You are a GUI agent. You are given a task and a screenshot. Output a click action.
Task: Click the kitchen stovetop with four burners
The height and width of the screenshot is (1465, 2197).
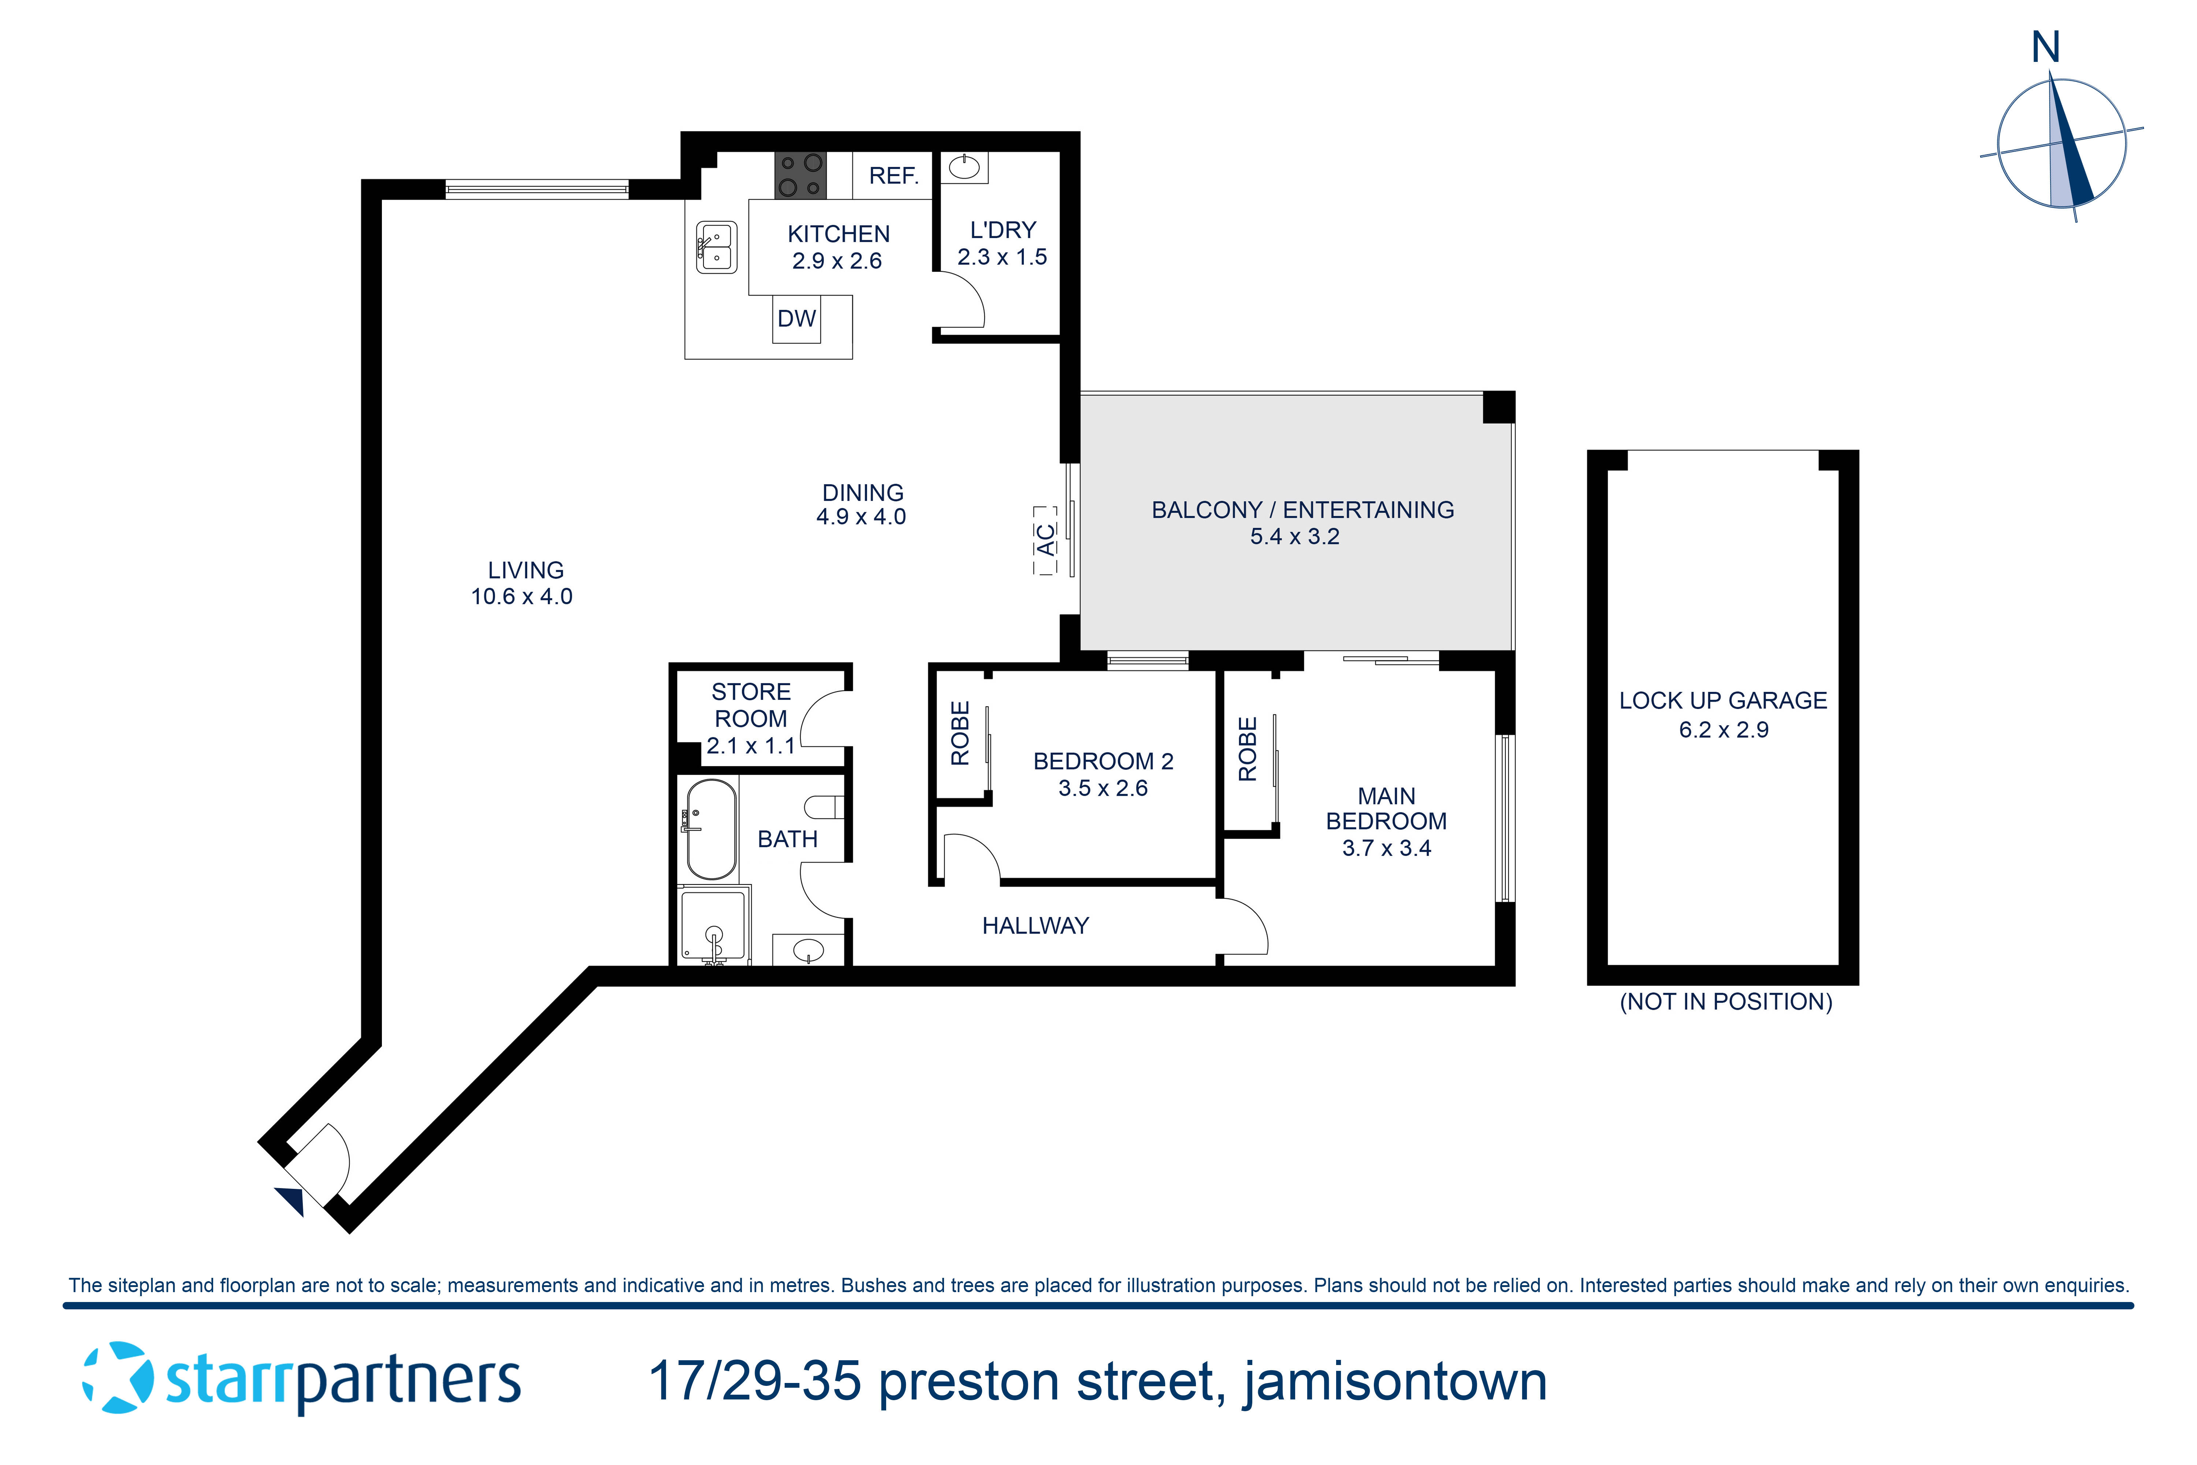(x=800, y=175)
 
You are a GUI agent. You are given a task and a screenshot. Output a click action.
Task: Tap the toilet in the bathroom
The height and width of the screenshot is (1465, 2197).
(x=826, y=806)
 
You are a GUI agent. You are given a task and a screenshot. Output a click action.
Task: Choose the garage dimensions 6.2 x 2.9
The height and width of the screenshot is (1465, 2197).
(x=1724, y=730)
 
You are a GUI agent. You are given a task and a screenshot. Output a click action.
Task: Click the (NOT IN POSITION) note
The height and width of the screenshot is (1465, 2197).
(x=1725, y=1002)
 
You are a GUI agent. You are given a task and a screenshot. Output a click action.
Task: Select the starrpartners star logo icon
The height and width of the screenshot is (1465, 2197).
(x=119, y=1378)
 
